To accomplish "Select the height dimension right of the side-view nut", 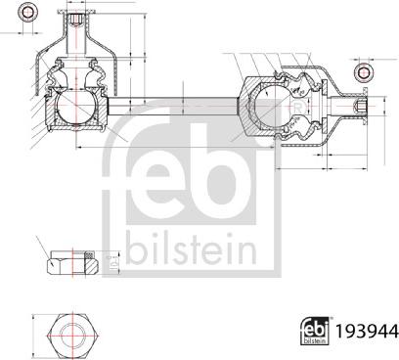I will tap(111, 261).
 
